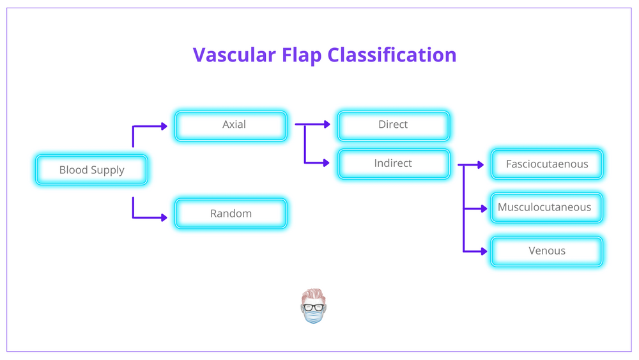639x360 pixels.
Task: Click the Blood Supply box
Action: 91,170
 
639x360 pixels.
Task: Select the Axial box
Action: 231,125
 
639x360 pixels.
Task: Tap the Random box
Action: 231,214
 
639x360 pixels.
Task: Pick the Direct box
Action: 393,125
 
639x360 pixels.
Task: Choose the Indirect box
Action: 393,164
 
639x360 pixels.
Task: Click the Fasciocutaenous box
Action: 546,164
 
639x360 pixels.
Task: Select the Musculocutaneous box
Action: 546,208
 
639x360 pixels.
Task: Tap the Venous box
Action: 546,251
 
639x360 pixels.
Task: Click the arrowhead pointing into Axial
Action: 164,127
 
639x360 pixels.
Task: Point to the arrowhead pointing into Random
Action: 164,217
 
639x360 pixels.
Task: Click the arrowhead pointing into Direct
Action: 327,125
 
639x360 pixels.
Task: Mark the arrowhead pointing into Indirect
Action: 327,162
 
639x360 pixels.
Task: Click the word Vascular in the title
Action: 234,55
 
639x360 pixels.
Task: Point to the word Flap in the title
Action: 302,55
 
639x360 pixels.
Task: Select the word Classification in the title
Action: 392,55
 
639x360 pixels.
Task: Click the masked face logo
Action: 314,307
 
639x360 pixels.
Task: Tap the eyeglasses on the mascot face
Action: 314,306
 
